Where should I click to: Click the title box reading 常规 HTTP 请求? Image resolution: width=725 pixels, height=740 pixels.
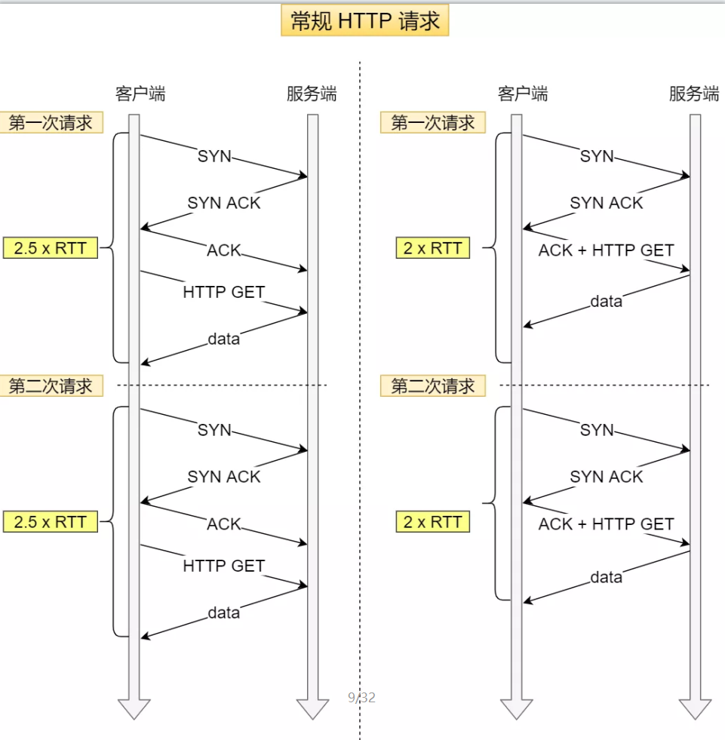pyautogui.click(x=365, y=21)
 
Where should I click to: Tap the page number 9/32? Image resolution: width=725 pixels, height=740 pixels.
pyautogui.click(x=361, y=698)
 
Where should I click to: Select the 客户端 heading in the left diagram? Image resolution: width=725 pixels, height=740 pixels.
pyautogui.click(x=140, y=94)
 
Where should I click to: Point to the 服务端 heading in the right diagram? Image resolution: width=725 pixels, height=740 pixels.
pyautogui.click(x=694, y=94)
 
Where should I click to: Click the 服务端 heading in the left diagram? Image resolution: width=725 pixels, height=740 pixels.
pyautogui.click(x=312, y=94)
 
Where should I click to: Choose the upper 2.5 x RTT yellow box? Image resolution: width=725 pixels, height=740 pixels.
pyautogui.click(x=51, y=248)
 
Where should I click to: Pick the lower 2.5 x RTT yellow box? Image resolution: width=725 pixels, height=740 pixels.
pyautogui.click(x=51, y=522)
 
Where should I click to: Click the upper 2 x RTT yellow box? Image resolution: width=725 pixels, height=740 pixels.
pyautogui.click(x=432, y=248)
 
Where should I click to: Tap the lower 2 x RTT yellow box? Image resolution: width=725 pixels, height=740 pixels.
pyautogui.click(x=432, y=522)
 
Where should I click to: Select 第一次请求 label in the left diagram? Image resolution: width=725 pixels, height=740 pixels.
pyautogui.click(x=51, y=123)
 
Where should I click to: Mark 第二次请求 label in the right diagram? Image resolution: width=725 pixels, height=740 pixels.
pyautogui.click(x=433, y=386)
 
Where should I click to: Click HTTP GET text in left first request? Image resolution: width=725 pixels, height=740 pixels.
pyautogui.click(x=224, y=292)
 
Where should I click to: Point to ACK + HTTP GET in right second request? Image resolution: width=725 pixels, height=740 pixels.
pyautogui.click(x=606, y=524)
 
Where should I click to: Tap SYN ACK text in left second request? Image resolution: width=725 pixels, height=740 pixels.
pyautogui.click(x=224, y=477)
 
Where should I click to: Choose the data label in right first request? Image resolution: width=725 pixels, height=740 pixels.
pyautogui.click(x=606, y=302)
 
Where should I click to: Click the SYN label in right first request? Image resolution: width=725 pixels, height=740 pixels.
pyautogui.click(x=597, y=156)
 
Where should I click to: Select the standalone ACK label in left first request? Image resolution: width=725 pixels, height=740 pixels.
pyautogui.click(x=224, y=250)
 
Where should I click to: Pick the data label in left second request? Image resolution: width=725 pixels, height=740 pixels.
pyautogui.click(x=224, y=613)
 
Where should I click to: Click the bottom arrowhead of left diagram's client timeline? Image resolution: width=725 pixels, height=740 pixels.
pyautogui.click(x=134, y=708)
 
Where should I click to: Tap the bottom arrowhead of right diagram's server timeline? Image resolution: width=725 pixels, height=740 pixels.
pyautogui.click(x=695, y=708)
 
